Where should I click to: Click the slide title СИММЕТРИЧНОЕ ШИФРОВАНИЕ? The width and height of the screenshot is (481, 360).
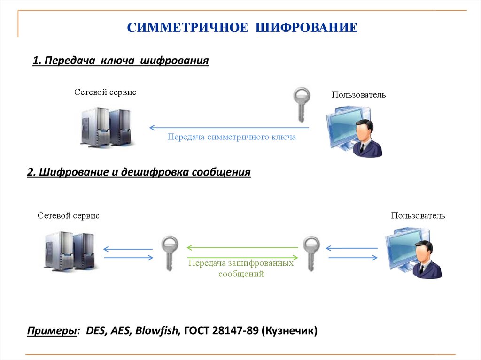click(x=242, y=27)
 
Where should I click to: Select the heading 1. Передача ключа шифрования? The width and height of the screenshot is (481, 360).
click(x=120, y=61)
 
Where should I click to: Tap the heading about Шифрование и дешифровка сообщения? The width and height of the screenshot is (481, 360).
click(x=139, y=172)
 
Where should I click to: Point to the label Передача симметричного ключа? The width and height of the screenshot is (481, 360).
click(x=232, y=137)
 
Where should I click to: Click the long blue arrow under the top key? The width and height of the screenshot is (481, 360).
click(x=229, y=127)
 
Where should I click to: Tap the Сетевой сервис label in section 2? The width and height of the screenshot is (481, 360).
click(x=69, y=216)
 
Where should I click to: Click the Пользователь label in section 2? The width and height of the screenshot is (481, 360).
click(x=418, y=216)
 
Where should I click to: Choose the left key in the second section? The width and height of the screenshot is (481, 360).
click(x=170, y=253)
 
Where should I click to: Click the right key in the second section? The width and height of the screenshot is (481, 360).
click(x=310, y=253)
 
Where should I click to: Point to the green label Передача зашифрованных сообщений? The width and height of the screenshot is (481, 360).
click(x=241, y=268)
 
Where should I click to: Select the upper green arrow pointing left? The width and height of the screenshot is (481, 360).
click(x=242, y=247)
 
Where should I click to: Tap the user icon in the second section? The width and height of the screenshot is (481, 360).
click(x=413, y=253)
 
